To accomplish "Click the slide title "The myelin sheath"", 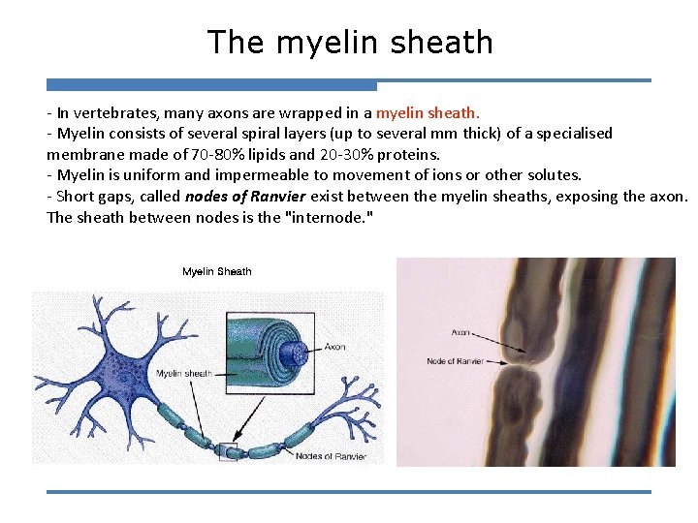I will tap(349, 42).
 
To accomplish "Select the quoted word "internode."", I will tap(330, 218).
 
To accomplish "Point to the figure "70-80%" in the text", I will tap(218, 154).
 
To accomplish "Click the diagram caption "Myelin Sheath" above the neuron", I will tap(216, 272).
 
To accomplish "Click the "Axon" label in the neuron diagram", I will tap(334, 347).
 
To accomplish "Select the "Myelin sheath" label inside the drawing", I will tap(184, 373).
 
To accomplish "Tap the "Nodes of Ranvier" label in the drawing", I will tap(331, 456).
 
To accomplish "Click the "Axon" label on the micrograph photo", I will tap(461, 332).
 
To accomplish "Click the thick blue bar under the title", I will tap(211, 85).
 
